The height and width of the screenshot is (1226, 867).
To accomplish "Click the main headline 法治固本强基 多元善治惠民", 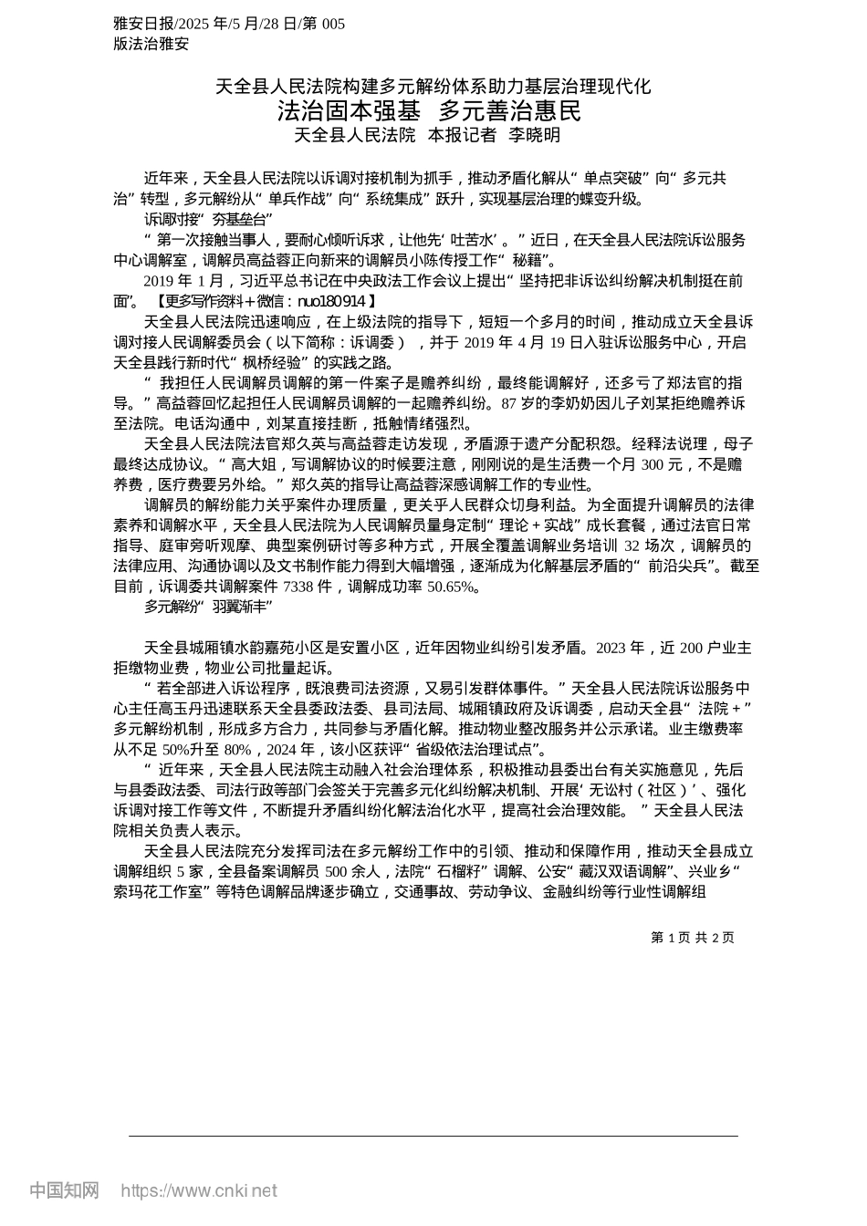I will (x=429, y=111).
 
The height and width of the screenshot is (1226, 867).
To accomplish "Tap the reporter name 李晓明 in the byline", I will (x=534, y=135).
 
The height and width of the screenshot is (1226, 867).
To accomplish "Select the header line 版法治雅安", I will (x=151, y=43).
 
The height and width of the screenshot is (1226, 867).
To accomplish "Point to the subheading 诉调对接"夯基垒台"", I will (x=209, y=219).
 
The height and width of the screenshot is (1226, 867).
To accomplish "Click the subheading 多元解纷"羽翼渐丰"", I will (x=209, y=606).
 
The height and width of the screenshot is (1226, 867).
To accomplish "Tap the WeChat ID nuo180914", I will (x=332, y=300).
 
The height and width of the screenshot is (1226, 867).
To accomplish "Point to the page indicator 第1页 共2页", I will (x=693, y=938).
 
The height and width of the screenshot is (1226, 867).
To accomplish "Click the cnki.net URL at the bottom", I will (x=199, y=1190).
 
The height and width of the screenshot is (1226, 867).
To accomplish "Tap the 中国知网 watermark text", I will (x=64, y=1190).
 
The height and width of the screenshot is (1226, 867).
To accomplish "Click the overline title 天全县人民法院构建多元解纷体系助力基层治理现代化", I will (x=433, y=87).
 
